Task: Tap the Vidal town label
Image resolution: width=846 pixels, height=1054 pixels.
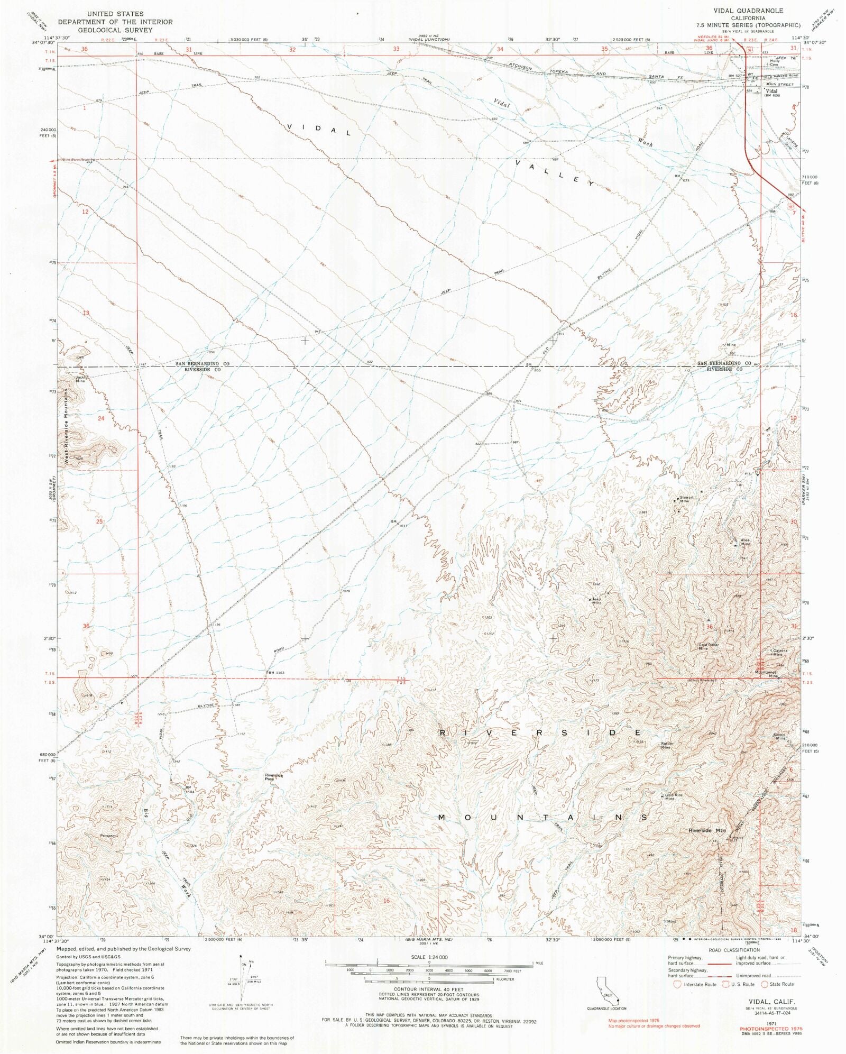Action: pos(772,91)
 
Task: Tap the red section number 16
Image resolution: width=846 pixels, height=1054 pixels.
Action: pos(387,900)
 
